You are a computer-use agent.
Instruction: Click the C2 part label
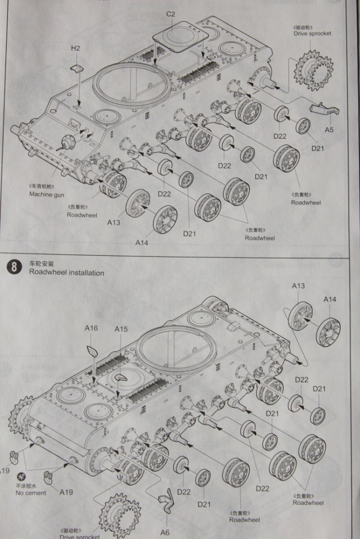[171, 13]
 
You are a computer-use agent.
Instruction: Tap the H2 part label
[75, 49]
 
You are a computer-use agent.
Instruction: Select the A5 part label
[330, 130]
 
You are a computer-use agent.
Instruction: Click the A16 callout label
[91, 328]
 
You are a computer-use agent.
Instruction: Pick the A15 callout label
[121, 328]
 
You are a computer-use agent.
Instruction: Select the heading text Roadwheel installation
[66, 273]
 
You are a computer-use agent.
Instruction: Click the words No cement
[31, 493]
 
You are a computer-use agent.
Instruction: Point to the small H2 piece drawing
[77, 69]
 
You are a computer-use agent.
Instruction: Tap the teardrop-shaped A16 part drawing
[93, 352]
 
